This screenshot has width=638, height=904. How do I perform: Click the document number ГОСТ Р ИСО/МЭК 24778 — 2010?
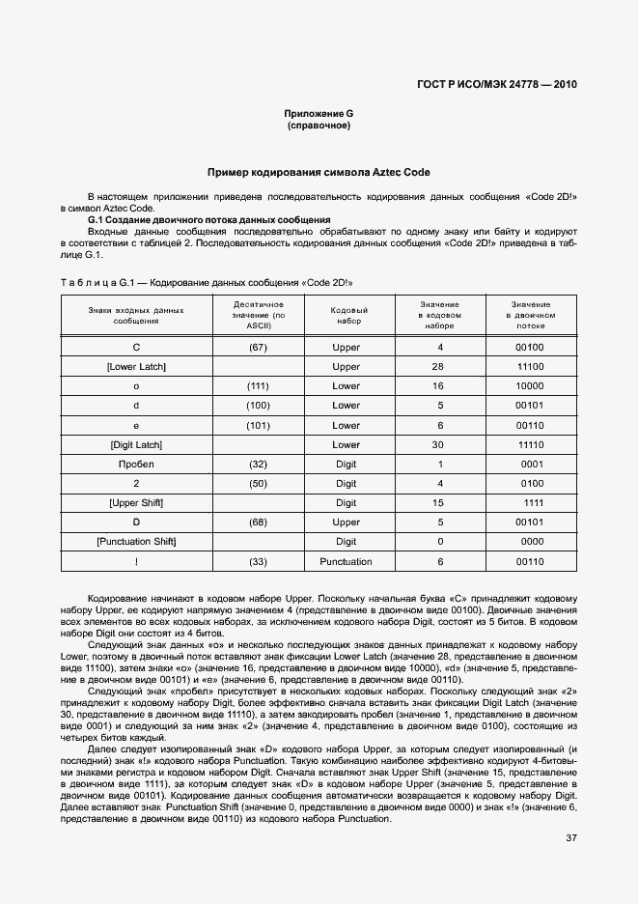(x=497, y=84)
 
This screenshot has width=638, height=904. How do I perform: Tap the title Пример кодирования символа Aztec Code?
(x=319, y=172)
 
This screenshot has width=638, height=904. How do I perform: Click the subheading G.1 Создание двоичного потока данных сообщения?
(x=209, y=220)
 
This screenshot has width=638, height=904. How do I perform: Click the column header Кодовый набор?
(x=346, y=315)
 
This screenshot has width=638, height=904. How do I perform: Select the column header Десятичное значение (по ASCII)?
(x=258, y=315)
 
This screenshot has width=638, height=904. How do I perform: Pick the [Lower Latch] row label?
(x=136, y=367)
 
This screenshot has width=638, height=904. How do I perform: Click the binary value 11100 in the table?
(x=530, y=367)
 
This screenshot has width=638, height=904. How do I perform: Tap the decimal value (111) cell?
(x=258, y=386)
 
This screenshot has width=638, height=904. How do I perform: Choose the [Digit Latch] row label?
(x=136, y=444)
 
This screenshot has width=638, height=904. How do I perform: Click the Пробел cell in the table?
(x=136, y=464)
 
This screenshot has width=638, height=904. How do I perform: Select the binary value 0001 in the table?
(x=532, y=464)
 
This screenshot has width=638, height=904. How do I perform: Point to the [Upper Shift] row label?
(x=136, y=503)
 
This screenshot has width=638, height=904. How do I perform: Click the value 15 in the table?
(x=439, y=503)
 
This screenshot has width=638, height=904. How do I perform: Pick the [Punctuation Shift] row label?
(x=136, y=542)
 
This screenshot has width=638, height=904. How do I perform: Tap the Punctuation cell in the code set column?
(x=346, y=561)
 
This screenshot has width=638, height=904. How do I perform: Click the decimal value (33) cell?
(x=258, y=561)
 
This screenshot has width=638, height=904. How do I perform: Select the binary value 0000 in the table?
(x=532, y=542)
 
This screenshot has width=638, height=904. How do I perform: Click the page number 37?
(x=570, y=837)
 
